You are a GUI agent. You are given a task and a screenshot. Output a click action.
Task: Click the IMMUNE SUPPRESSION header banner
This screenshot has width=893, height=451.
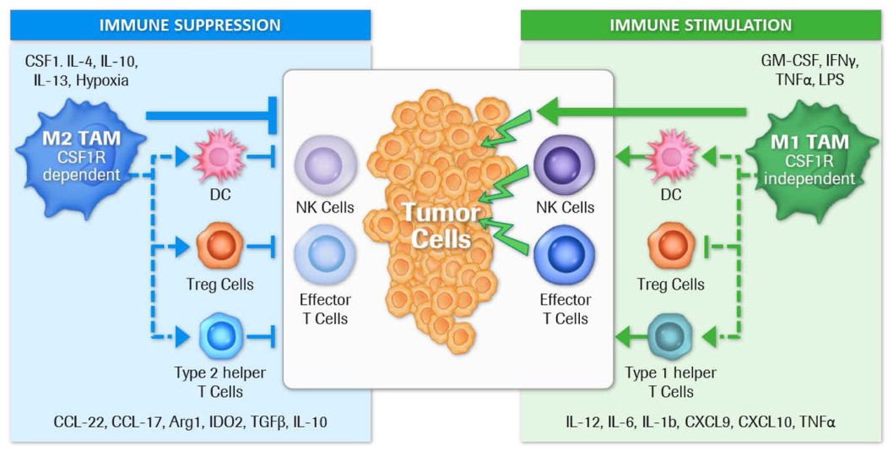[x=191, y=24]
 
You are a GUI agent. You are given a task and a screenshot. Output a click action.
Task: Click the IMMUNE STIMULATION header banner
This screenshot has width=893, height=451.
[x=701, y=24]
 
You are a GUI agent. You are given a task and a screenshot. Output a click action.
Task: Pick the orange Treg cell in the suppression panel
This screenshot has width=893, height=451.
[x=219, y=247]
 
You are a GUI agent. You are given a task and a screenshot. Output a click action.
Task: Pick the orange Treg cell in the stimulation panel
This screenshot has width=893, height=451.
[x=672, y=247]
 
